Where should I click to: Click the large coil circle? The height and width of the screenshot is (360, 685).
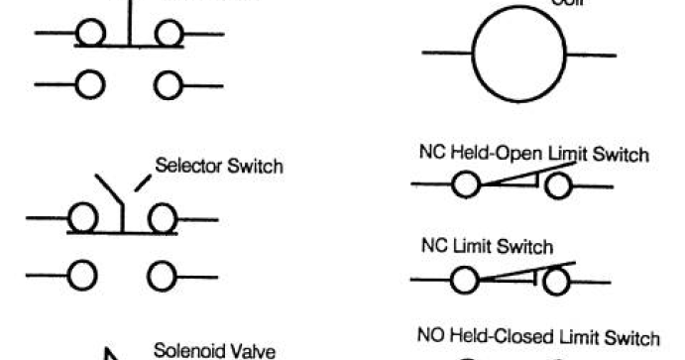point(516,53)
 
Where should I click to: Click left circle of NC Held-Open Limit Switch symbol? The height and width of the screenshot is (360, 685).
point(466,184)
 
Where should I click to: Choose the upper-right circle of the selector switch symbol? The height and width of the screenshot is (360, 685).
point(162,218)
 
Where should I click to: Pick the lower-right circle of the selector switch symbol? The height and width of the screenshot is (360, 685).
point(162,276)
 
